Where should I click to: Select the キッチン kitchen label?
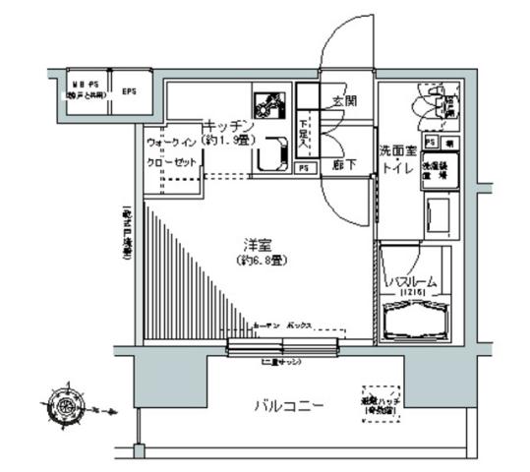pos(229,125)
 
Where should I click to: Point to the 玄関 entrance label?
pos(343,101)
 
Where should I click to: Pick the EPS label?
pos(129,94)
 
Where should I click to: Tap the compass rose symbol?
pos(66,403)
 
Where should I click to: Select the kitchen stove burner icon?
pos(267,105)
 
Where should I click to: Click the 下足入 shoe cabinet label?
pos(305,131)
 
